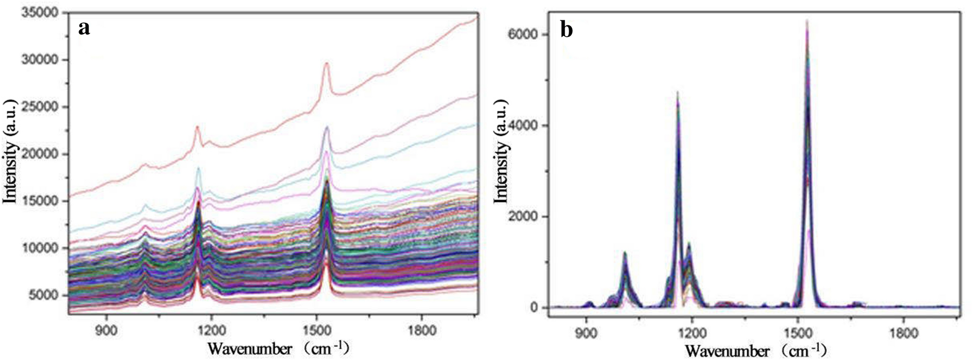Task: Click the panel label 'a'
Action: [84, 28]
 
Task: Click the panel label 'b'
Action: [567, 29]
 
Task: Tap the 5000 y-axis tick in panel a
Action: [46, 295]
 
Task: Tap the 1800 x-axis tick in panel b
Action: [904, 333]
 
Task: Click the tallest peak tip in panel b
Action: [807, 20]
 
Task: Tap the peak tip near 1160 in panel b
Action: [678, 92]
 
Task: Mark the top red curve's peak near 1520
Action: [326, 63]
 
